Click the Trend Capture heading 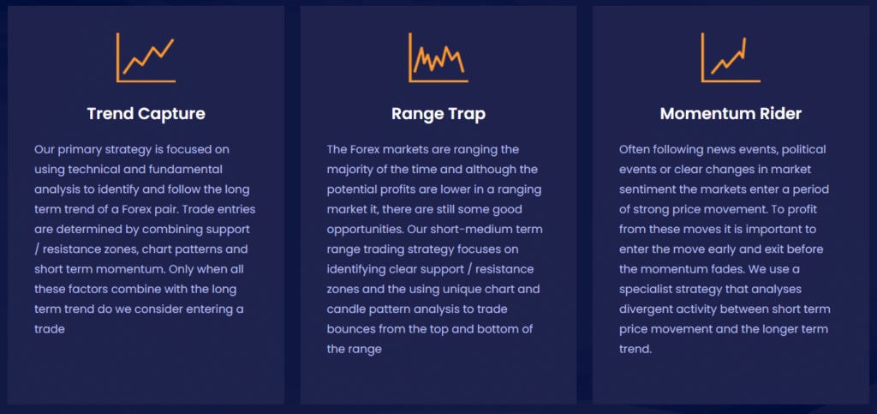coord(146,113)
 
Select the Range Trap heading coord(438,113)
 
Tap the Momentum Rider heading coord(731,113)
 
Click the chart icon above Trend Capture coord(146,57)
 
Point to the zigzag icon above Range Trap coord(438,57)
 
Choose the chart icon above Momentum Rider coord(731,57)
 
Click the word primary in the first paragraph coord(77,150)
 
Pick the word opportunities coord(365,230)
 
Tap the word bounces coord(349,329)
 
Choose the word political coord(805,150)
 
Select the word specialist coord(646,290)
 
